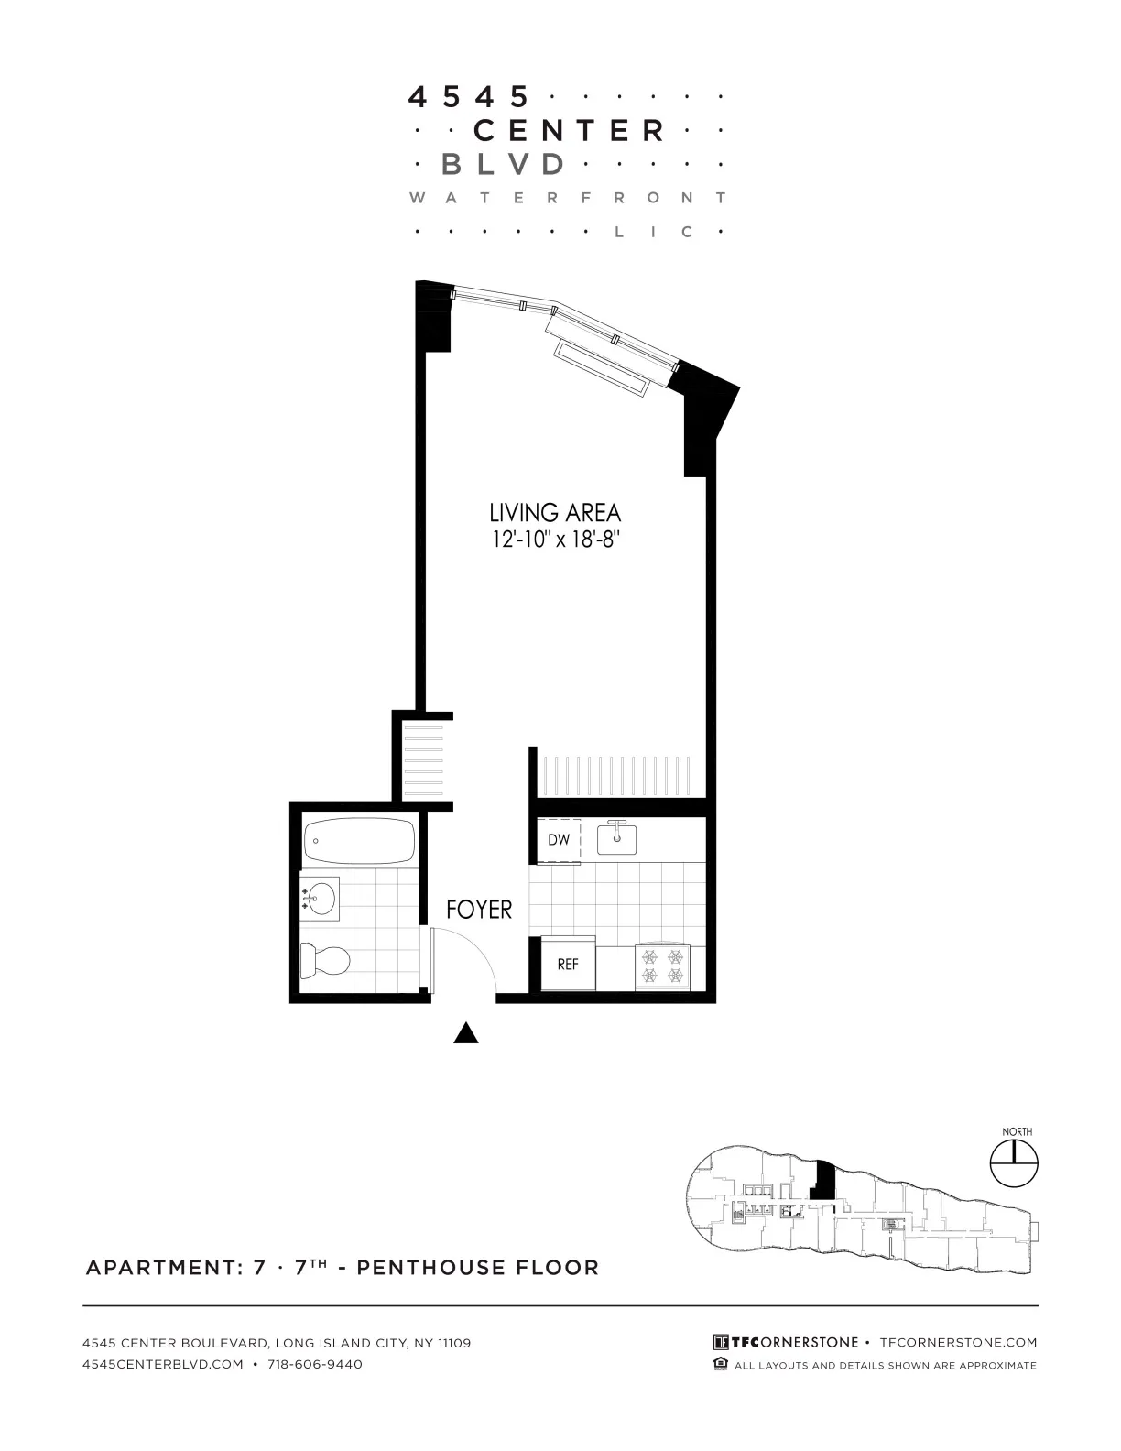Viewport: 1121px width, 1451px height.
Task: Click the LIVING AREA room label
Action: pyautogui.click(x=555, y=513)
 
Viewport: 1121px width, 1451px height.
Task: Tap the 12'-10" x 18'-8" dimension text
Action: pyautogui.click(x=555, y=540)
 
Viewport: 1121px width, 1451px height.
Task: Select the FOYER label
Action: pyautogui.click(x=479, y=910)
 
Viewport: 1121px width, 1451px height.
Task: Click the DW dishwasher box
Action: pyautogui.click(x=559, y=840)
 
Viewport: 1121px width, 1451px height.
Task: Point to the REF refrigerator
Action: pyautogui.click(x=568, y=964)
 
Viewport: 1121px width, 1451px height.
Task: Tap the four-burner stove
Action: pyautogui.click(x=662, y=967)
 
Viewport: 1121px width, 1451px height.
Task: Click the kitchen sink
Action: pyautogui.click(x=617, y=838)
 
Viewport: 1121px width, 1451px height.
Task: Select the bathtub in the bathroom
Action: pyautogui.click(x=359, y=838)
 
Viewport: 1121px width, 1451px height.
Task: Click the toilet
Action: pyautogui.click(x=325, y=961)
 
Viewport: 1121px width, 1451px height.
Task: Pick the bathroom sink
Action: pyautogui.click(x=320, y=899)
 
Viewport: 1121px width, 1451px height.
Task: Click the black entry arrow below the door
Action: pyautogui.click(x=467, y=1033)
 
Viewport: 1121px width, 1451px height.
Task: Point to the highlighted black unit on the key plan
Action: pyautogui.click(x=824, y=1180)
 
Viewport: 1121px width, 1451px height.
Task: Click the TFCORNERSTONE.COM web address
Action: pyautogui.click(x=958, y=1342)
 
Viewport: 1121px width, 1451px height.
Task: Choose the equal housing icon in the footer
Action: pyautogui.click(x=721, y=1365)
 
